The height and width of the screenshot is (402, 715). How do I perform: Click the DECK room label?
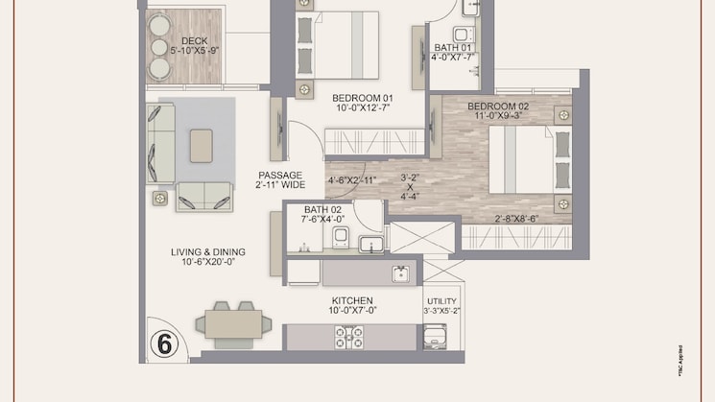point(195,40)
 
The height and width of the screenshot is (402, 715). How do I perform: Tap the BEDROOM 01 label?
point(362,97)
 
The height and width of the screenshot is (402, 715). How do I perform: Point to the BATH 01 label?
point(453,46)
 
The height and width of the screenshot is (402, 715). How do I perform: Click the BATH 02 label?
point(323,209)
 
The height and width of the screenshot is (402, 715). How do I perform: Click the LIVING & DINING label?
point(208,252)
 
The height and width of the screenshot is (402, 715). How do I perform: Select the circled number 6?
point(164,343)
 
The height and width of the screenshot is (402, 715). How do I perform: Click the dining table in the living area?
point(234,322)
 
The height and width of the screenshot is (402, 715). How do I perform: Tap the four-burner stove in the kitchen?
point(347,337)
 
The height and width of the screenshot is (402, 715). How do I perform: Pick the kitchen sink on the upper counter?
point(400,273)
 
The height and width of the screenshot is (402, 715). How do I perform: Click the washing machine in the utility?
point(435,337)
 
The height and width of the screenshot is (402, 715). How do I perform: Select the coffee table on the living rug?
point(203,146)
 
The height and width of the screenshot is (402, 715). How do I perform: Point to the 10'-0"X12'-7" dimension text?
point(362,107)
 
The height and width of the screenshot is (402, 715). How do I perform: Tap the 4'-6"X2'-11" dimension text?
point(354,179)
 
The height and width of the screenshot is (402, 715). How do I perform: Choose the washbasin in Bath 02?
point(370,243)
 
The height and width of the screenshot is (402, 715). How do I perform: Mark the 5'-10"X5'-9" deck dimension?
point(195,50)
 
